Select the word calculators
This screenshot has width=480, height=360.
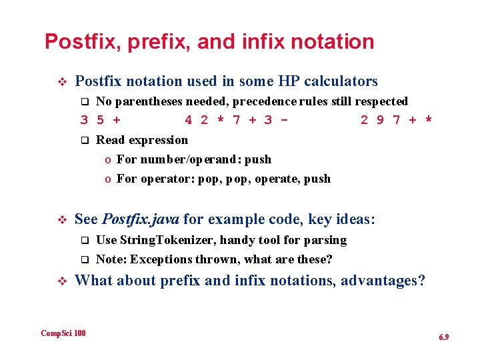(341, 81)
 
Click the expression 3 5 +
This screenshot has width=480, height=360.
(100, 121)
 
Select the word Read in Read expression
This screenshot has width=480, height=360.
(110, 140)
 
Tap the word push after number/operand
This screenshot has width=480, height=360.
(258, 159)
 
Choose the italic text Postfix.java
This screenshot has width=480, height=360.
(141, 219)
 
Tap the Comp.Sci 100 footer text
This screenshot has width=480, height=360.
(63, 333)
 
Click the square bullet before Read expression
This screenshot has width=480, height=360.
(84, 141)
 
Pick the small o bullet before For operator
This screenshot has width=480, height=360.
(107, 179)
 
